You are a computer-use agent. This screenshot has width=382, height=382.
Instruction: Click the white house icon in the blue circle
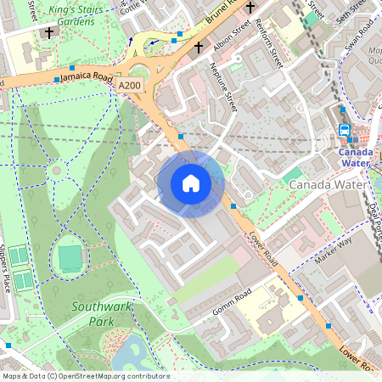click(x=191, y=183)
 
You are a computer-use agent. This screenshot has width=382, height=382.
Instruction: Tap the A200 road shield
click(x=130, y=86)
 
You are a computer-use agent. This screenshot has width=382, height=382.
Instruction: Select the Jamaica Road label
click(x=86, y=76)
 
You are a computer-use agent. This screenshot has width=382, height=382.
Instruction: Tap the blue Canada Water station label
click(x=355, y=158)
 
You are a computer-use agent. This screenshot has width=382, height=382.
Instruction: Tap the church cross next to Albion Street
click(x=199, y=47)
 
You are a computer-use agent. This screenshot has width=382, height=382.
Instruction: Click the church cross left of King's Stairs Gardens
click(x=49, y=33)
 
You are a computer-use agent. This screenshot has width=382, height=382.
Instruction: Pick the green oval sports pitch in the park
click(x=70, y=257)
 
